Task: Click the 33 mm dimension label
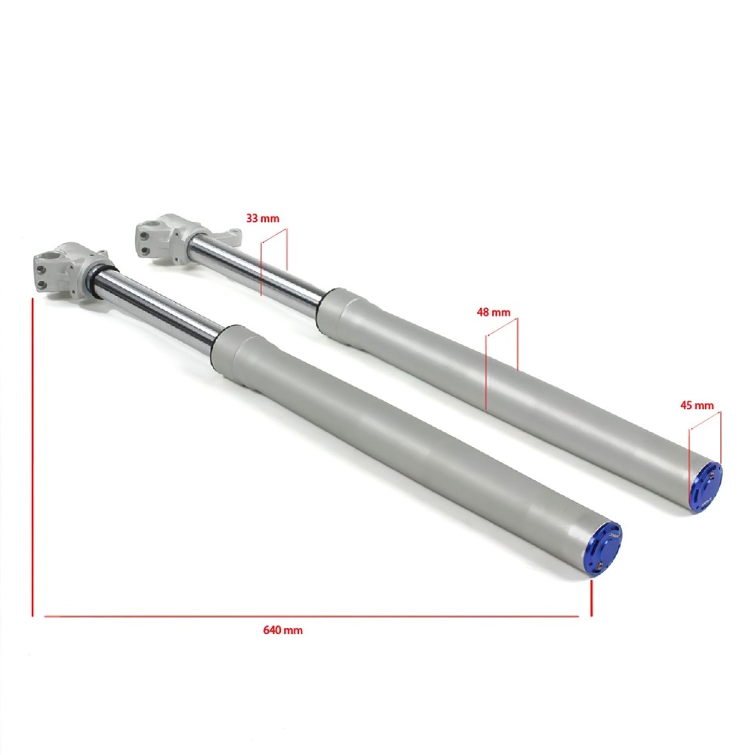pos(263,218)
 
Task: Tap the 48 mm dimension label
pos(494,313)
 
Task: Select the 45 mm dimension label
pos(697,405)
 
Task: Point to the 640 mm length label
pos(282,630)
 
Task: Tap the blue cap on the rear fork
pos(706,487)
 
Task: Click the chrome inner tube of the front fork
pos(159,308)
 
